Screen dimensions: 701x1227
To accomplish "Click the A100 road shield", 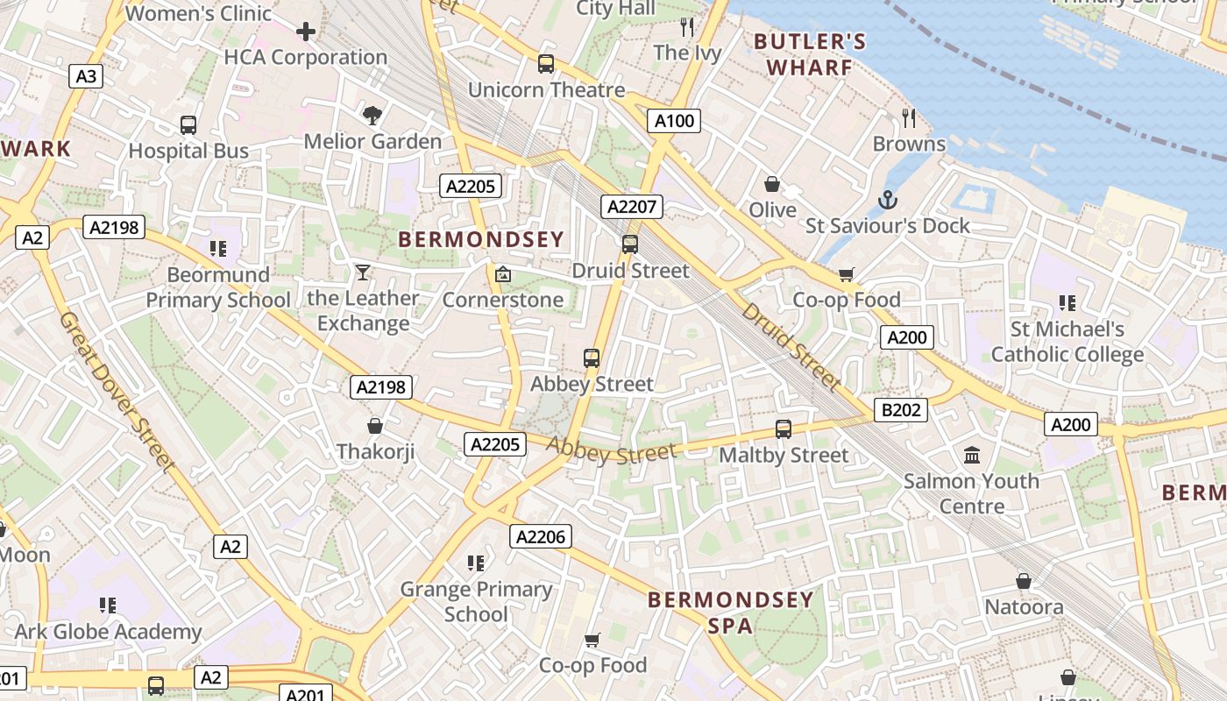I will tap(674, 121).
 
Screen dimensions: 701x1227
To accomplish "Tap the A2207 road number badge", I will tap(632, 207).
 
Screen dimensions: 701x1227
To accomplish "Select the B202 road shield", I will tap(900, 409).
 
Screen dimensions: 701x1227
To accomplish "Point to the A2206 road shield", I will tap(541, 536).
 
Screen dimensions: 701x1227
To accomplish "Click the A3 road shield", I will tap(86, 76).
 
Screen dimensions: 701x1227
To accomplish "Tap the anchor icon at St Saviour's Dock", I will tap(888, 200).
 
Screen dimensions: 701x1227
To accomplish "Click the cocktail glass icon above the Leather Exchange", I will tap(363, 273).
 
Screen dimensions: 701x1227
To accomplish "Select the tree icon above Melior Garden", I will tap(372, 115).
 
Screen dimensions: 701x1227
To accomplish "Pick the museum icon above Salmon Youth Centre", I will tap(972, 455).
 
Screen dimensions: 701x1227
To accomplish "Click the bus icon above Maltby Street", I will tap(784, 429).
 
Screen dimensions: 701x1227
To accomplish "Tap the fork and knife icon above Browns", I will tap(909, 117).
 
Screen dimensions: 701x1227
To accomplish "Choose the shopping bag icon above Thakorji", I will tap(375, 426).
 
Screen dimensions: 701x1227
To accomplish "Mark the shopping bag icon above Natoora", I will tap(1024, 581).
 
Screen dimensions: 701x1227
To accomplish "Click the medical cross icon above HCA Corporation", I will tap(305, 32).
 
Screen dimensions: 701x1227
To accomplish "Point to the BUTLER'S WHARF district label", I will tap(810, 54).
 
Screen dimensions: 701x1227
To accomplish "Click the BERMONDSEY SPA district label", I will tap(731, 612).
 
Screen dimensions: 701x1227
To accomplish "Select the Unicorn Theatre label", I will tap(546, 89).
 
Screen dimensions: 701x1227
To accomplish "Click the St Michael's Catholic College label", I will tap(1067, 342).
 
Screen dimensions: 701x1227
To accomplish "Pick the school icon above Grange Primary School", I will tap(476, 563).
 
